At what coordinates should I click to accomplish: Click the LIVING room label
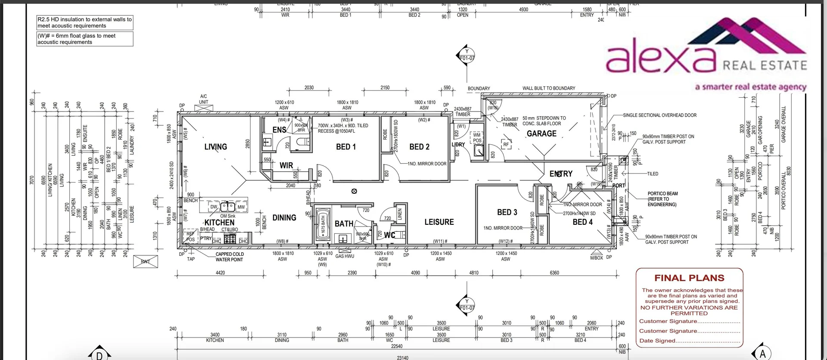click(215, 147)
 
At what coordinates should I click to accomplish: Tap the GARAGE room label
click(541, 133)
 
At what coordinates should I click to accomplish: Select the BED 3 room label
click(507, 212)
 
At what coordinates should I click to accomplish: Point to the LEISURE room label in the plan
click(439, 222)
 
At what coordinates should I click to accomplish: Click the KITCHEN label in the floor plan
click(219, 223)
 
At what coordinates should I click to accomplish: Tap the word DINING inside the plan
click(284, 218)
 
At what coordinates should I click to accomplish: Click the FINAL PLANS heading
click(689, 278)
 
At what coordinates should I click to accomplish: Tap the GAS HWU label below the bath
click(345, 256)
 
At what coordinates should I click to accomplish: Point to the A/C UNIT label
click(203, 99)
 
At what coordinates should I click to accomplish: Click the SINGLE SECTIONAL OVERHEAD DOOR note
click(659, 115)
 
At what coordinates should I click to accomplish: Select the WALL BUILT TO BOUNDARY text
click(548, 88)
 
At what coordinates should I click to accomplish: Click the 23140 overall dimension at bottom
click(402, 357)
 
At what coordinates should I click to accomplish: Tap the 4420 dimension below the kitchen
click(220, 273)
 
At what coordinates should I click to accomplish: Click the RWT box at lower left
click(146, 261)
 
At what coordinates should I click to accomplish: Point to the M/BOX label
click(596, 258)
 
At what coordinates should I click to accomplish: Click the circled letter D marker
click(99, 354)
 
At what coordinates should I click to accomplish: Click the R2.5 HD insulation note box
click(84, 22)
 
